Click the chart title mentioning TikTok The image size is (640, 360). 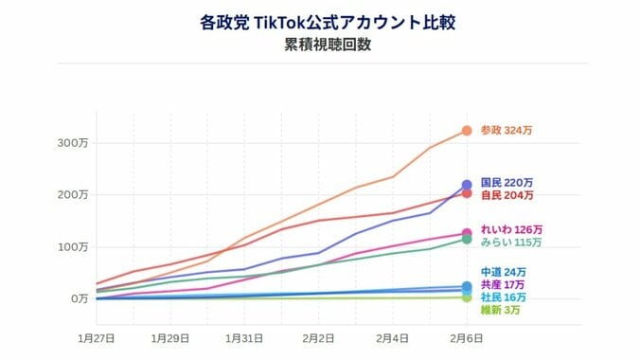[319, 22]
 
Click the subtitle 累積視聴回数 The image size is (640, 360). [319, 44]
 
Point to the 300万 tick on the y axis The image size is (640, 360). [73, 143]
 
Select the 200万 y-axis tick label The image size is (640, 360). [73, 194]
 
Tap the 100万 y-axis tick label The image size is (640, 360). [73, 246]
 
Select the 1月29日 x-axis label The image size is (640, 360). [170, 336]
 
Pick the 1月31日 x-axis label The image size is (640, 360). [245, 336]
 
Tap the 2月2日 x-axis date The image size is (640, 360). [319, 336]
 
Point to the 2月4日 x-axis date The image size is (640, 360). [393, 336]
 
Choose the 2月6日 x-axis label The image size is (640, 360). [467, 336]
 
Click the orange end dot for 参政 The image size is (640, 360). [467, 131]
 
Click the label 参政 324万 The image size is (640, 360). [507, 131]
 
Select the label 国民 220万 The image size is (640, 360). [507, 182]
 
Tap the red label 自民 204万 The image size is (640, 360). [507, 195]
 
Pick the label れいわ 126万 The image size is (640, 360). [511, 229]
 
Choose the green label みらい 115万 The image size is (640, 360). [511, 243]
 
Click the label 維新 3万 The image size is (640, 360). [500, 310]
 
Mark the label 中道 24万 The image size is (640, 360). [503, 273]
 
